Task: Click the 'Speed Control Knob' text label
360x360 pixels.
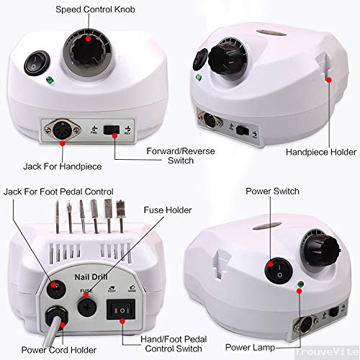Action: (x=89, y=9)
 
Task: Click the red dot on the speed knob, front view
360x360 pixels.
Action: (x=88, y=41)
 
